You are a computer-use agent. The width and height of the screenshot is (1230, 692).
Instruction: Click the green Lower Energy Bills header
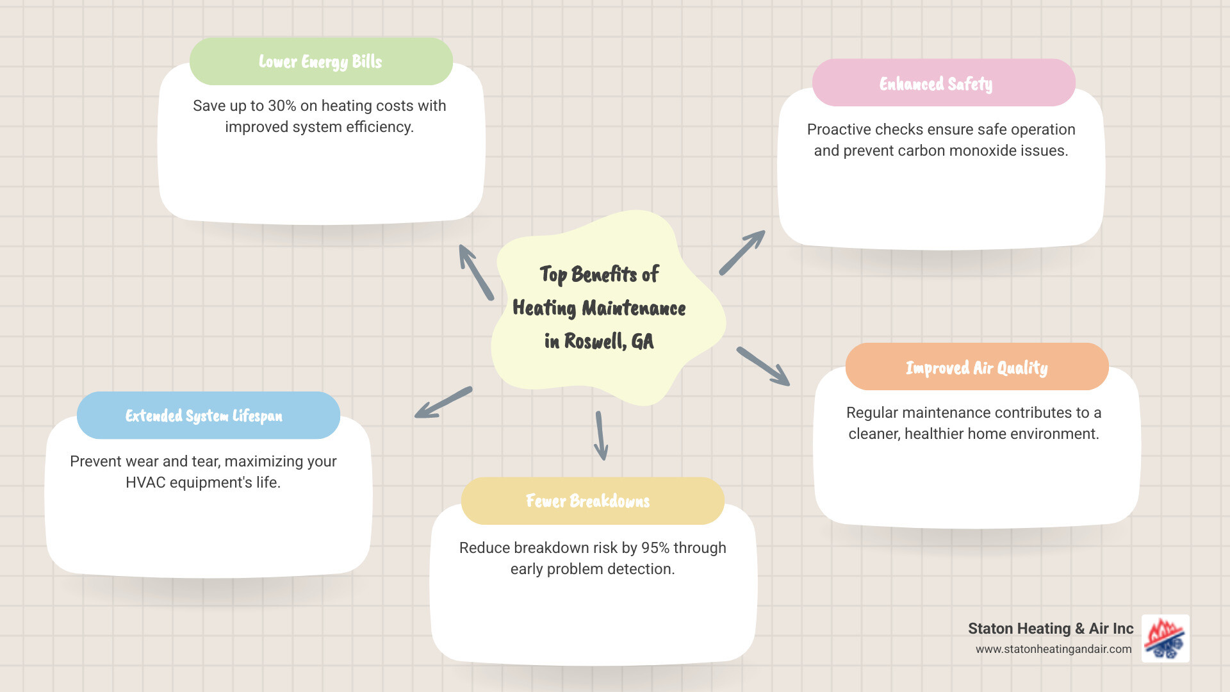[x=320, y=62]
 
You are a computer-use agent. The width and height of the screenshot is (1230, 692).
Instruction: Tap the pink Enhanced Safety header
[x=936, y=83]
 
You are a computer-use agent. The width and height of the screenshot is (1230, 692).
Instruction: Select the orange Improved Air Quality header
[x=976, y=367]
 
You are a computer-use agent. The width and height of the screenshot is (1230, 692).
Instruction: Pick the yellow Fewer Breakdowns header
[x=587, y=500]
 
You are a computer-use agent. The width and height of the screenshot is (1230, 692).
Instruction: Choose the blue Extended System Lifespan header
[x=204, y=415]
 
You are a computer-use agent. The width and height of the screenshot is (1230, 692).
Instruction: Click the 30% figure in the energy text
[x=282, y=106]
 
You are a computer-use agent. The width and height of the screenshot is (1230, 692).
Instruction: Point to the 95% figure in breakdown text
[x=655, y=548]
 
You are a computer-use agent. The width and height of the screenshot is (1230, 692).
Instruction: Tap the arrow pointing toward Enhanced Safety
[x=742, y=252]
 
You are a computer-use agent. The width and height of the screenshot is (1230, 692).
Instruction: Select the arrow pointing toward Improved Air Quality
[x=763, y=367]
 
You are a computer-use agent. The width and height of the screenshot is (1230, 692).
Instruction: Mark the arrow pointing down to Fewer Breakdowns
[x=600, y=436]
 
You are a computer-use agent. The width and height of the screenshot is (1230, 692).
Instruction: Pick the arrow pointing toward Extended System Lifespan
[x=443, y=402]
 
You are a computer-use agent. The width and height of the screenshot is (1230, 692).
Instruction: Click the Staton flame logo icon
[x=1165, y=638]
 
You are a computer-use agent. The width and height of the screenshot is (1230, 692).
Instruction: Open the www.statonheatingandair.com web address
[x=1053, y=649]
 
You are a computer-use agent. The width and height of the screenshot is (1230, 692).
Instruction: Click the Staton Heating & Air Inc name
[x=1051, y=629]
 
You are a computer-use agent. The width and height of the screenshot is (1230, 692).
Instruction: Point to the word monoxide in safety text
[x=983, y=151]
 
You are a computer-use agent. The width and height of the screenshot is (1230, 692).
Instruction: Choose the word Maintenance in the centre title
[x=634, y=308]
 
